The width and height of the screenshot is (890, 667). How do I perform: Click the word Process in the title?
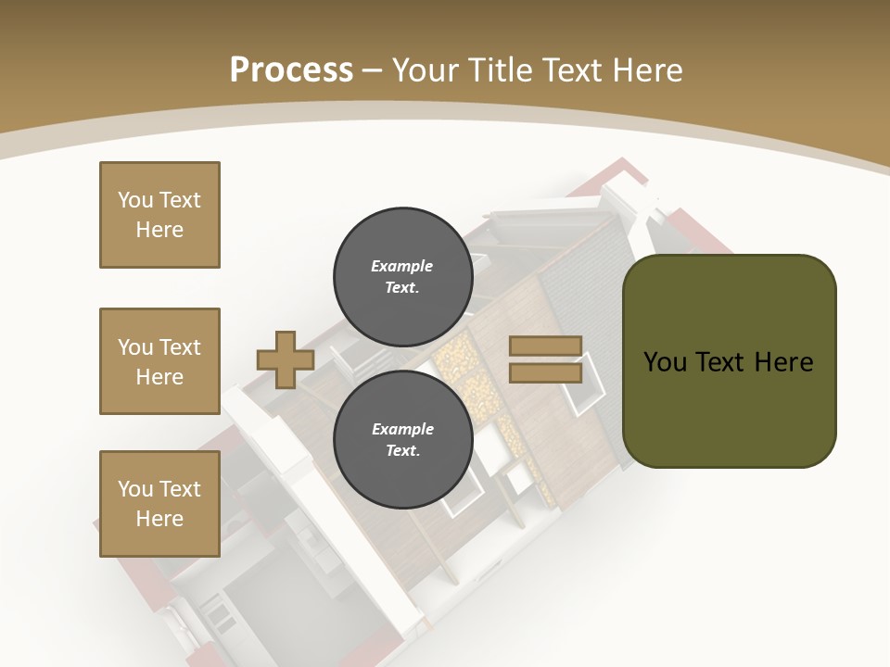291,69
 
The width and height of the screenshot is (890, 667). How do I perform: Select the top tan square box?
159,215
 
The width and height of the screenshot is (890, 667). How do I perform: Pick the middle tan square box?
159,361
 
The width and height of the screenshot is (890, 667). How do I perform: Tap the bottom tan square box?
159,504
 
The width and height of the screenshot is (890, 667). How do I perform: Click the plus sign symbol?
285,359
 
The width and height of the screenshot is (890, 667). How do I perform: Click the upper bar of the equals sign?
545,346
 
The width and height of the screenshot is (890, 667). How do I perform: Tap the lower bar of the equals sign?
545,372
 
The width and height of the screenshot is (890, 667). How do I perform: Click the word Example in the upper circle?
401,266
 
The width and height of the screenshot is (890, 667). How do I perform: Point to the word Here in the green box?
783,362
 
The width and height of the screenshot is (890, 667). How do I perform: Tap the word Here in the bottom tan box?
159,519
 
